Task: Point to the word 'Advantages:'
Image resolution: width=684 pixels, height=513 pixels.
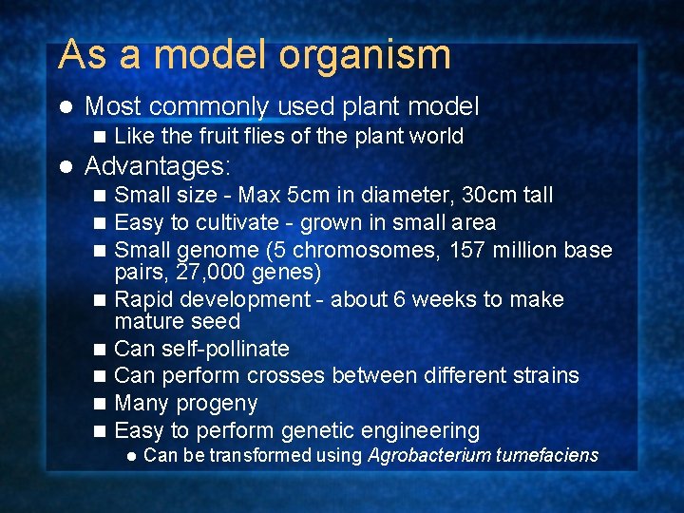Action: tap(158, 167)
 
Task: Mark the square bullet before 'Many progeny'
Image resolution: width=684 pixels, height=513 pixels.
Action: tap(102, 404)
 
